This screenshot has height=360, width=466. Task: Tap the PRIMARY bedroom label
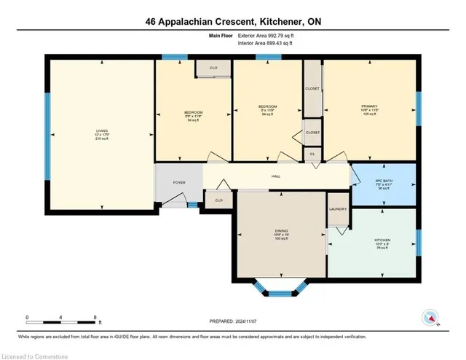coord(369,106)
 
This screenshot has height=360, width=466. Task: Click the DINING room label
coord(281,231)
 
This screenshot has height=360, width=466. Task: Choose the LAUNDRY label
coord(338,209)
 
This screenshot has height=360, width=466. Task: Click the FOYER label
coord(178,183)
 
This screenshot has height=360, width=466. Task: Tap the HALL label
coord(276,176)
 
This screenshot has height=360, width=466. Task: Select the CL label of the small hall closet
coord(312,154)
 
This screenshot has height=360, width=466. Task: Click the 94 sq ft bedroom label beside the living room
coord(193,113)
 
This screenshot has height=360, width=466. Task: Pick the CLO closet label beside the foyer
coord(218,200)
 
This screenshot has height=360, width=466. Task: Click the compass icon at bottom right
coord(430,318)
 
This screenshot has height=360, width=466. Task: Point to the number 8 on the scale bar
coord(95,317)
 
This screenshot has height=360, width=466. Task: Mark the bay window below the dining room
coord(280,294)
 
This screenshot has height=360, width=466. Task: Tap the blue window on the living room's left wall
coord(47,137)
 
